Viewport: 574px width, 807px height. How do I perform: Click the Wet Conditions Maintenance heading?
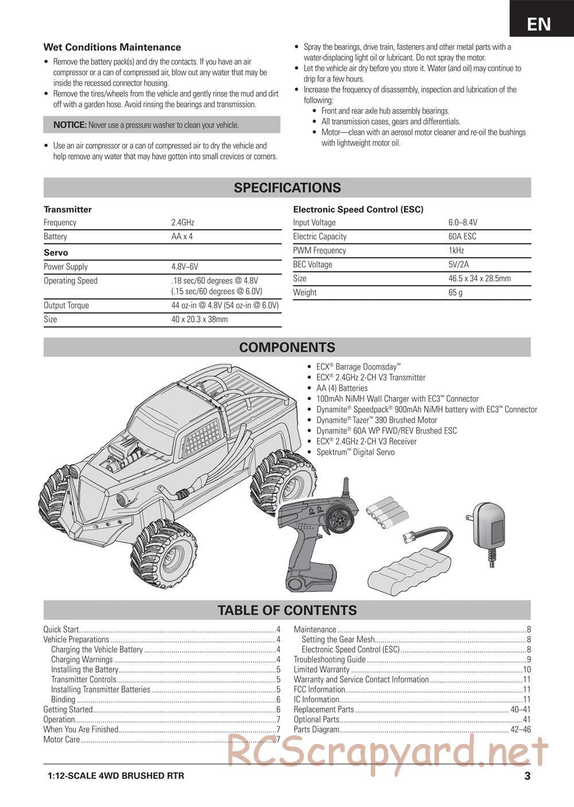click(112, 48)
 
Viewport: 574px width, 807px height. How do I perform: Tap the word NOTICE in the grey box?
click(69, 125)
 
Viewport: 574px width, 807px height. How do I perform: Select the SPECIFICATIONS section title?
click(287, 188)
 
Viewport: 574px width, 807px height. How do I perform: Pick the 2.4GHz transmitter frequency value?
click(183, 223)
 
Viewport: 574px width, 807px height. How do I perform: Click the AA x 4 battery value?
click(182, 236)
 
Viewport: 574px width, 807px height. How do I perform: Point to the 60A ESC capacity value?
click(462, 236)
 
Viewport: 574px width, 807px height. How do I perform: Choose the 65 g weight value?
click(455, 292)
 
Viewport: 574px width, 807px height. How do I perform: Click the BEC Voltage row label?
click(312, 265)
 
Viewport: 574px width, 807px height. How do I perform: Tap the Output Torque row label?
click(66, 305)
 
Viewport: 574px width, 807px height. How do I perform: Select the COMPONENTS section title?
click(287, 347)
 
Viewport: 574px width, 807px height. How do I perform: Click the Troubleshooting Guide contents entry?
click(329, 659)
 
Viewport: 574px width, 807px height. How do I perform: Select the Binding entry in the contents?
click(63, 700)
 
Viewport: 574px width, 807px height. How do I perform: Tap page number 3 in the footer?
click(526, 777)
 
